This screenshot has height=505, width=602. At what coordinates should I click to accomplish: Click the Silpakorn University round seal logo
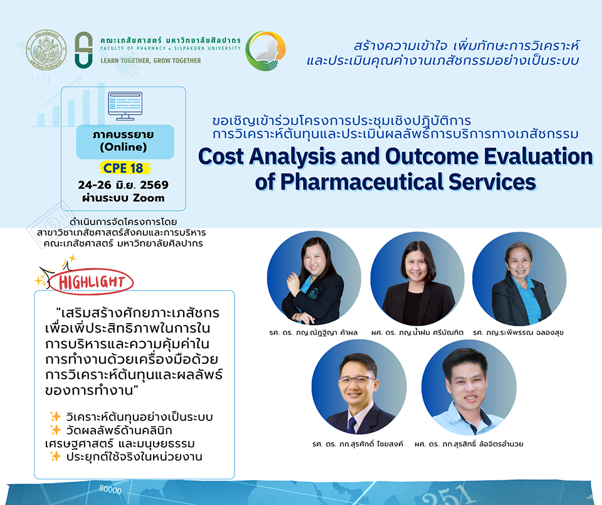pos(46,50)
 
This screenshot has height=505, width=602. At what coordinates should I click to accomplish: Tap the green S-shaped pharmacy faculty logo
pos(83,50)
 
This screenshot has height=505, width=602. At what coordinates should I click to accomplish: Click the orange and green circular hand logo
pos(265,51)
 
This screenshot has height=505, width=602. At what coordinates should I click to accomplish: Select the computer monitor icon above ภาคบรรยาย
pos(125,106)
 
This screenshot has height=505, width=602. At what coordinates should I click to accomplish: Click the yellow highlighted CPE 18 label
pos(124,168)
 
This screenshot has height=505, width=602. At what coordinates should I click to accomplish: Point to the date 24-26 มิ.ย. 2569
pos(124,184)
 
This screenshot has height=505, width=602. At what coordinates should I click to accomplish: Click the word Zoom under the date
pos(149,198)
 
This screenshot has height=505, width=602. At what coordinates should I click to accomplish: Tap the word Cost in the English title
pos(221,157)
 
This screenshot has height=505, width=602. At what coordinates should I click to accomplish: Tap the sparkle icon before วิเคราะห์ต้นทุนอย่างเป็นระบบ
pos(55,417)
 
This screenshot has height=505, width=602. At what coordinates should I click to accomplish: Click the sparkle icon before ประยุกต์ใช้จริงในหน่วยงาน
pos(55,456)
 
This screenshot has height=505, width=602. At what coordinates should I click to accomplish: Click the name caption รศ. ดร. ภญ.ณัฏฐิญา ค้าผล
pos(314,332)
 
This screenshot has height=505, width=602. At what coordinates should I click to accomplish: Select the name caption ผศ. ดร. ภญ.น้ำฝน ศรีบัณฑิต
pos(418,332)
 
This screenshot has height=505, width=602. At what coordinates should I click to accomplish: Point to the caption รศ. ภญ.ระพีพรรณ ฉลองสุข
pos(519,332)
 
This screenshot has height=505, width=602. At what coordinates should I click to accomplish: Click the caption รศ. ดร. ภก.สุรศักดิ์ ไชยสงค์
pos(358,444)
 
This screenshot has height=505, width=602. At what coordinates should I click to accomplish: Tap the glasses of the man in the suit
pos(357,380)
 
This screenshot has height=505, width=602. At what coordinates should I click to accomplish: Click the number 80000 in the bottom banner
pos(110,489)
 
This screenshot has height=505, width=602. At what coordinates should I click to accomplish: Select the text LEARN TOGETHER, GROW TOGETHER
pos(150,61)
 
